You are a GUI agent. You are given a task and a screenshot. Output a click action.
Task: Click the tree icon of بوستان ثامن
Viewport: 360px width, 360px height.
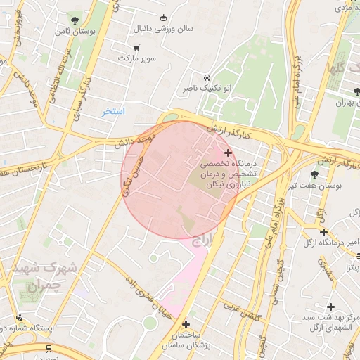point(75,20)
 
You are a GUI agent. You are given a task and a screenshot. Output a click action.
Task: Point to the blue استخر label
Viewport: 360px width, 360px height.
point(113,112)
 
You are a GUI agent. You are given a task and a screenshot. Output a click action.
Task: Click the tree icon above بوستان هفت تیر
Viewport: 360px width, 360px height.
point(314,174)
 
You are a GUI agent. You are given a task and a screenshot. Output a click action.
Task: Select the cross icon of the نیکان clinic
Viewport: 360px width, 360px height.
point(227,153)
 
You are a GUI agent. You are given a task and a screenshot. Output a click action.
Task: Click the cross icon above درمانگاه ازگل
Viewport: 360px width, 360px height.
point(323,232)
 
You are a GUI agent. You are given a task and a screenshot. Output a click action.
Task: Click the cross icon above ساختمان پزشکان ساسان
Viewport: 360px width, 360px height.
point(186,324)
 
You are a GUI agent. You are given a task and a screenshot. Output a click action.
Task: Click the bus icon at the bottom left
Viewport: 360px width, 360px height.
point(48,347)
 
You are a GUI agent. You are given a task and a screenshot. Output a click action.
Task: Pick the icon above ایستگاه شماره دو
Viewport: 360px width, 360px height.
point(19,317)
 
